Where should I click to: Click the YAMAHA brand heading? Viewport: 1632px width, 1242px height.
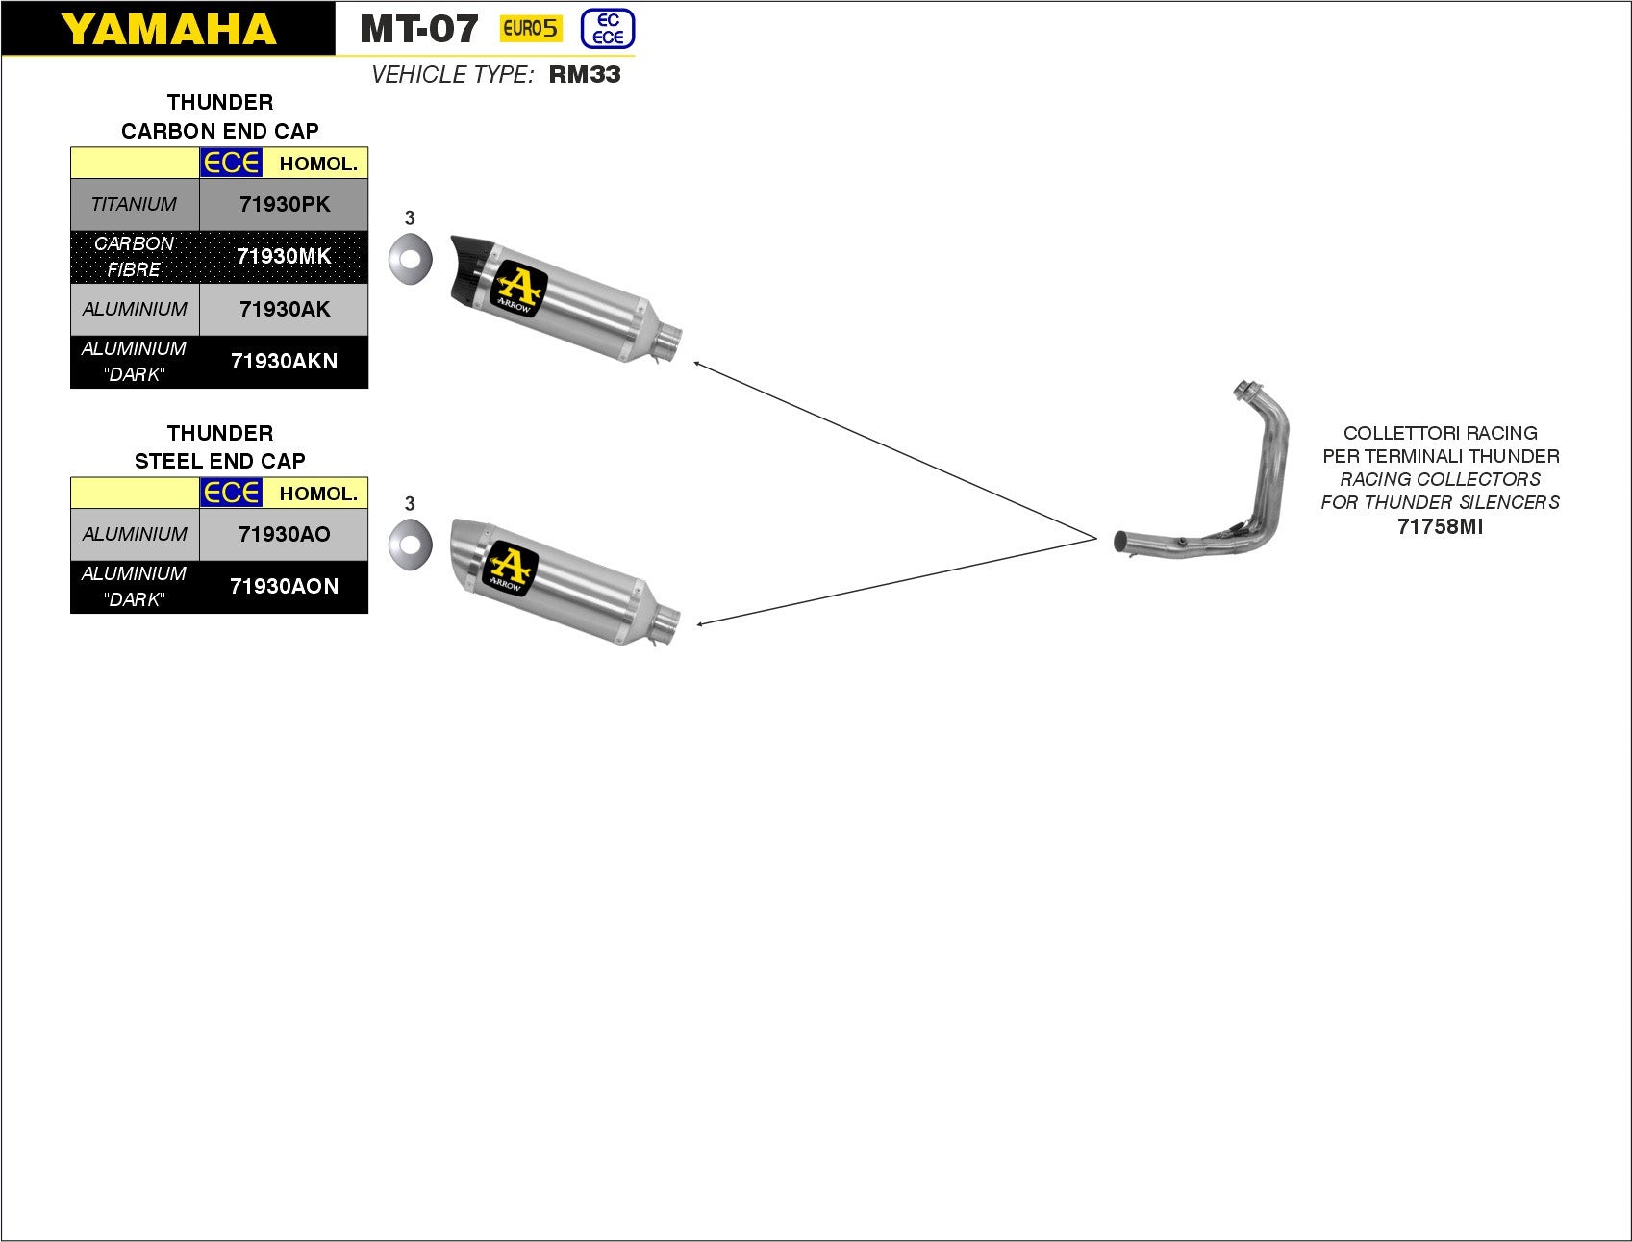point(168,29)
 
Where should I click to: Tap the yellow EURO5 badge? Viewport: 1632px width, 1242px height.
point(530,29)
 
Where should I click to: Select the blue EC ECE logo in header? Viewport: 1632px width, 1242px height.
point(608,29)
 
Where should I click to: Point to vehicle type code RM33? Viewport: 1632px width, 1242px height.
point(585,75)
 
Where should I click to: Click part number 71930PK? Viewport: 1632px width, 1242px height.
point(284,204)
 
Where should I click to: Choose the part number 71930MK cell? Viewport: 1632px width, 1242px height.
point(284,256)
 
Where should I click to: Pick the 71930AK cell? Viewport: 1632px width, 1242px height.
point(284,309)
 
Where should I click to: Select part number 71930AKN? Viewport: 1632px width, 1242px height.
point(284,362)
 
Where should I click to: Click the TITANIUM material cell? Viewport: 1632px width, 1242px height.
point(135,204)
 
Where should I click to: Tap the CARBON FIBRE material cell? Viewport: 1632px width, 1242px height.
point(135,256)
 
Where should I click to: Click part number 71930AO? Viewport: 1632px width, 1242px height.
point(284,534)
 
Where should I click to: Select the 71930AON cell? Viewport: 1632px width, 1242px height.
point(284,586)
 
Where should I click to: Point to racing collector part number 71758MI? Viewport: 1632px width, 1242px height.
point(1440,526)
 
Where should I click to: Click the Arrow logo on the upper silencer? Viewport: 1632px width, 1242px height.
point(519,289)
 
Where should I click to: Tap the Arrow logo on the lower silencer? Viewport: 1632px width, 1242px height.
point(510,568)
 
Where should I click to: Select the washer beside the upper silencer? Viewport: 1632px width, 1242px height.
point(410,258)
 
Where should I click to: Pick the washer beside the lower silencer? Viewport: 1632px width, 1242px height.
point(410,544)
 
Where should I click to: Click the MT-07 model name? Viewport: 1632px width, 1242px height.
point(418,29)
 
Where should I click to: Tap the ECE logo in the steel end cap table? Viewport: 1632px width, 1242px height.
point(231,493)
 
